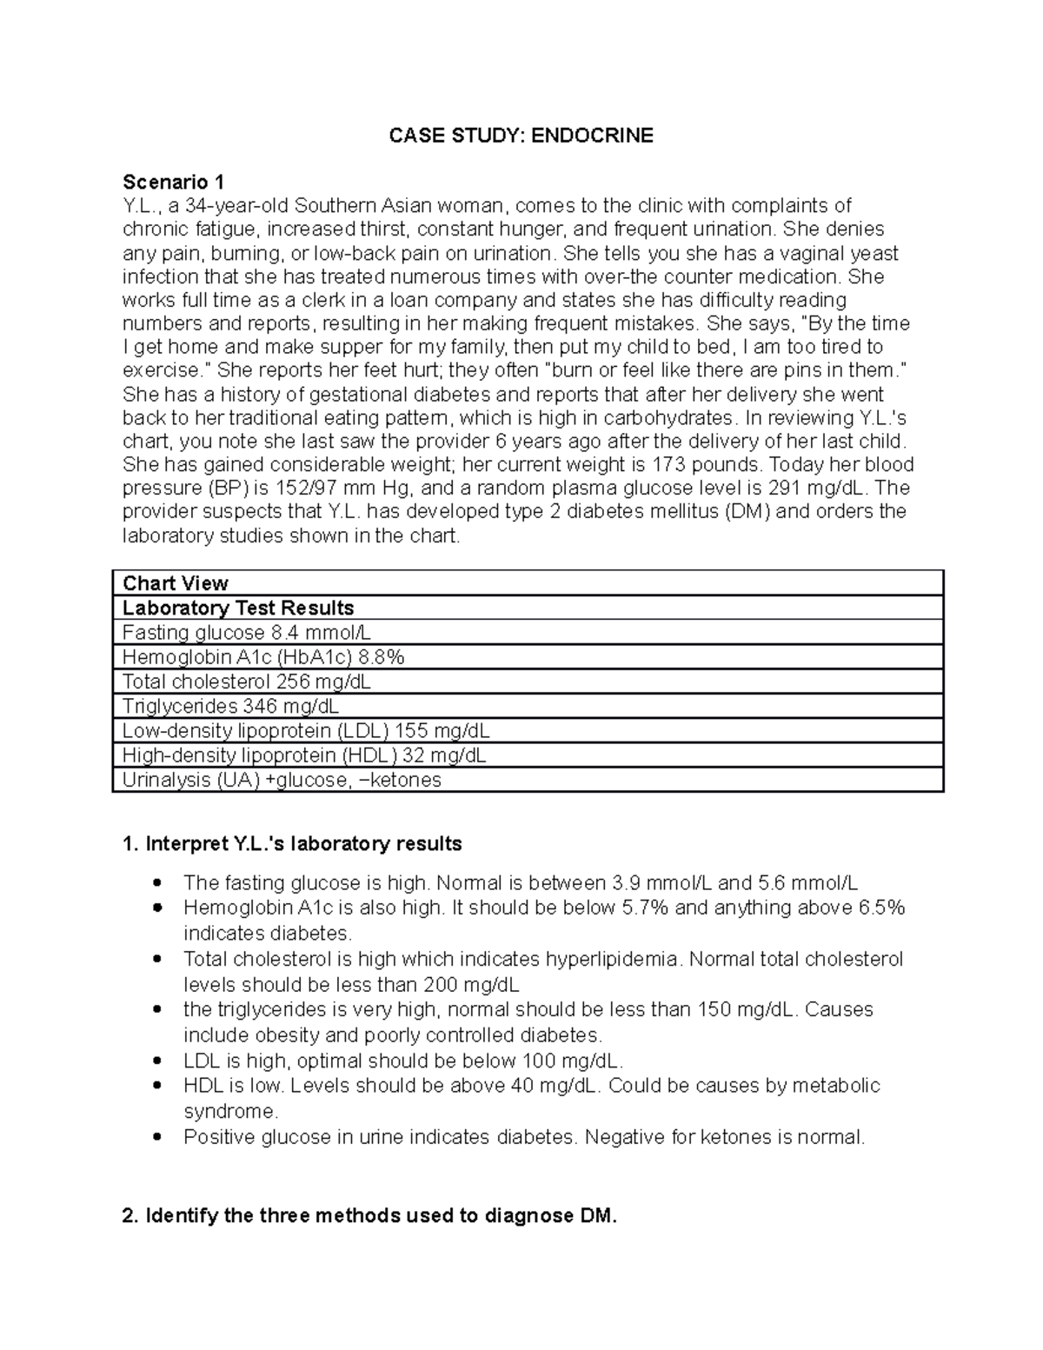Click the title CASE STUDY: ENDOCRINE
(521, 136)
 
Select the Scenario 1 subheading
(173, 182)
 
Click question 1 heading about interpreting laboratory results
(292, 844)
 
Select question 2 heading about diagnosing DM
(369, 1215)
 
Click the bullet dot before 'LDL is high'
(157, 1061)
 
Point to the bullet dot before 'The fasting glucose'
(157, 883)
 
